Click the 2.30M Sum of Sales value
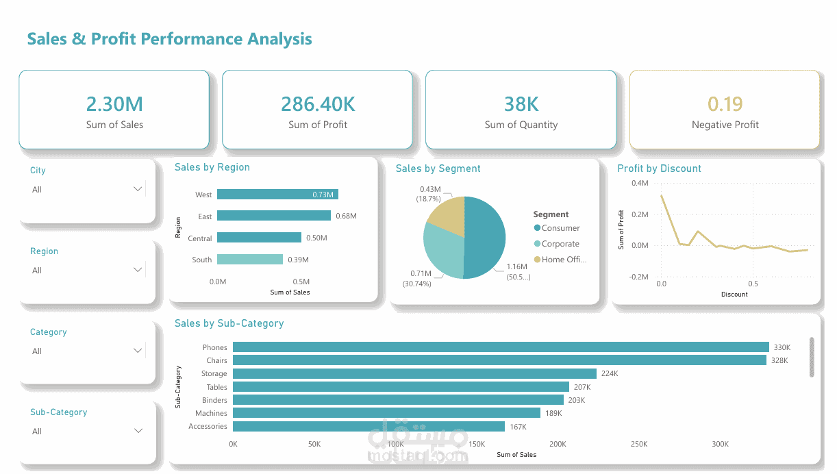click(114, 104)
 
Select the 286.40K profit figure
click(318, 104)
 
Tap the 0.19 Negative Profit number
click(725, 104)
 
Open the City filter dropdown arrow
click(138, 189)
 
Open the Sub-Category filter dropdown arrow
click(138, 431)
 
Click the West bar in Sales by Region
click(277, 195)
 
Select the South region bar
click(250, 260)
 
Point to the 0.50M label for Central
click(316, 238)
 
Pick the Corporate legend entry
click(557, 244)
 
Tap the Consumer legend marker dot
click(537, 227)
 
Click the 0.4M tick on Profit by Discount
click(640, 183)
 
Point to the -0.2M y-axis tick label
click(638, 277)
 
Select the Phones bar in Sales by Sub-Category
click(501, 347)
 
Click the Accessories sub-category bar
click(368, 427)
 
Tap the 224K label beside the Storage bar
click(610, 373)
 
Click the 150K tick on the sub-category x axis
click(477, 444)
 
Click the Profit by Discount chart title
click(659, 169)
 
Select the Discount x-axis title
click(734, 294)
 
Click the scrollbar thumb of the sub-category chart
click(812, 358)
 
